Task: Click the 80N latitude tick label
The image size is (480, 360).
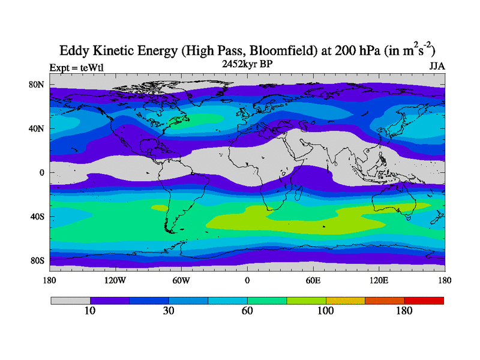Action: (x=37, y=85)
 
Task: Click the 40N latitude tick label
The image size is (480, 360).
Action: (x=37, y=128)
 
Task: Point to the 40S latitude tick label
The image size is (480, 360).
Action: (x=37, y=217)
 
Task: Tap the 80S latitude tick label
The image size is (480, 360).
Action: (x=37, y=260)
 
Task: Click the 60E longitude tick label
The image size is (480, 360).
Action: (x=313, y=280)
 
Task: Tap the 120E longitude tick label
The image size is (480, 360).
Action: (x=379, y=280)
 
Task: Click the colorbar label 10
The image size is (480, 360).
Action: (x=90, y=311)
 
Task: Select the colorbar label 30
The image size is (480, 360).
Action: (x=169, y=311)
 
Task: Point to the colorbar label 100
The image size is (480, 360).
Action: (x=326, y=311)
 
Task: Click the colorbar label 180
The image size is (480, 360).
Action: (x=404, y=311)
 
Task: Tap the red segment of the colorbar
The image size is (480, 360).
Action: (x=424, y=300)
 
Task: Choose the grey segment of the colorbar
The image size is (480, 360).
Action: (x=70, y=300)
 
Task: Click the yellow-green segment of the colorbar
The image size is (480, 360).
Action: (x=306, y=300)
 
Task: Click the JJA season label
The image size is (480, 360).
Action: (x=437, y=66)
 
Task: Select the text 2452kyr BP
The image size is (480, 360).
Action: (x=247, y=63)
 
